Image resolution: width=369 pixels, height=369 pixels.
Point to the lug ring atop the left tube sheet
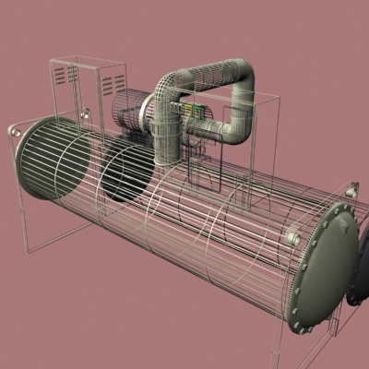tap(82, 114)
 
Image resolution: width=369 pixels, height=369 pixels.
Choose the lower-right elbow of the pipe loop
tap(236, 129)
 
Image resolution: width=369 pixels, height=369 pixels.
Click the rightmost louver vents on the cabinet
tap(113, 85)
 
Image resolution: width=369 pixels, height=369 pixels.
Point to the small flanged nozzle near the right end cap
tap(293, 240)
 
